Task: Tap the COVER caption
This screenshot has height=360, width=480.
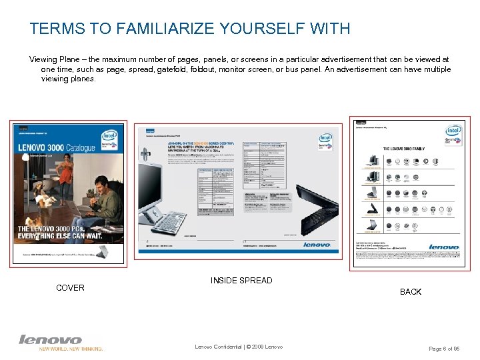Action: [70, 288]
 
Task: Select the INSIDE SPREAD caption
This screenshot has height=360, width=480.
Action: [241, 281]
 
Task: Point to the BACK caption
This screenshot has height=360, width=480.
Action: [411, 292]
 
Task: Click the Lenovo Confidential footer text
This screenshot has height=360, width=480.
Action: [239, 347]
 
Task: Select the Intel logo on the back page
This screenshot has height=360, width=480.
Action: [454, 131]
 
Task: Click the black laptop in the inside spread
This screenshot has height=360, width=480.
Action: [313, 213]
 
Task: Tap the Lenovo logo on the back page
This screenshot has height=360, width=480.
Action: [443, 247]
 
